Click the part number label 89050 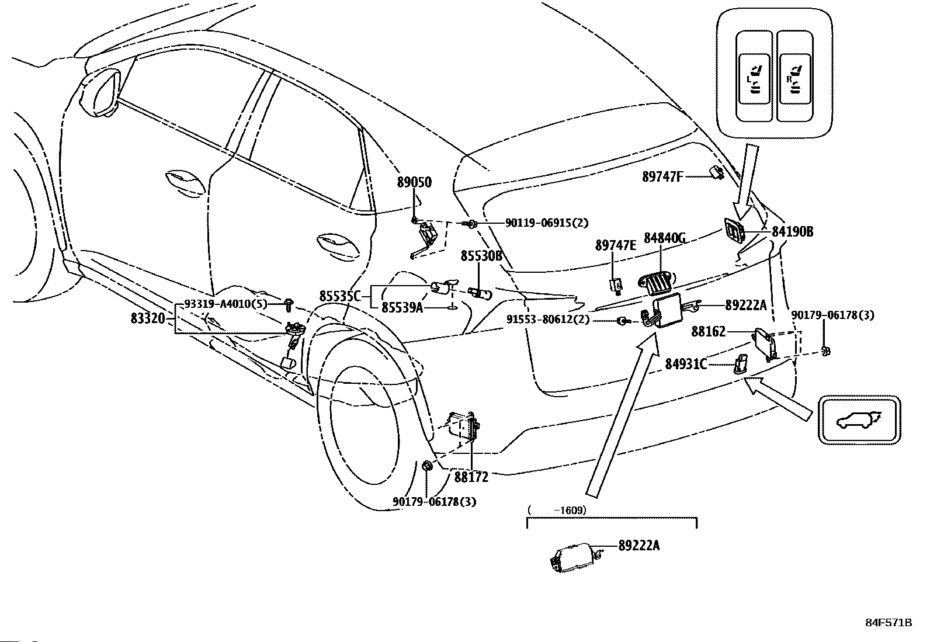pos(414,182)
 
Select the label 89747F pos(662,177)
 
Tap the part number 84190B pos(792,232)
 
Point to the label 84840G pos(665,238)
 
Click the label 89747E pos(615,245)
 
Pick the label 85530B pos(481,256)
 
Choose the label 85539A pos(402,307)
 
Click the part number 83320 pos(148,318)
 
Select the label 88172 pos(471,477)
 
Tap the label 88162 pos(708,331)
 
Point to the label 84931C pos(686,364)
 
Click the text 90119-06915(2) pos(547,223)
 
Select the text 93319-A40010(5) pos(226,304)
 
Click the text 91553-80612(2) pos(548,320)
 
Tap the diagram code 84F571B pos(889,623)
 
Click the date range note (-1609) pos(557,511)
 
